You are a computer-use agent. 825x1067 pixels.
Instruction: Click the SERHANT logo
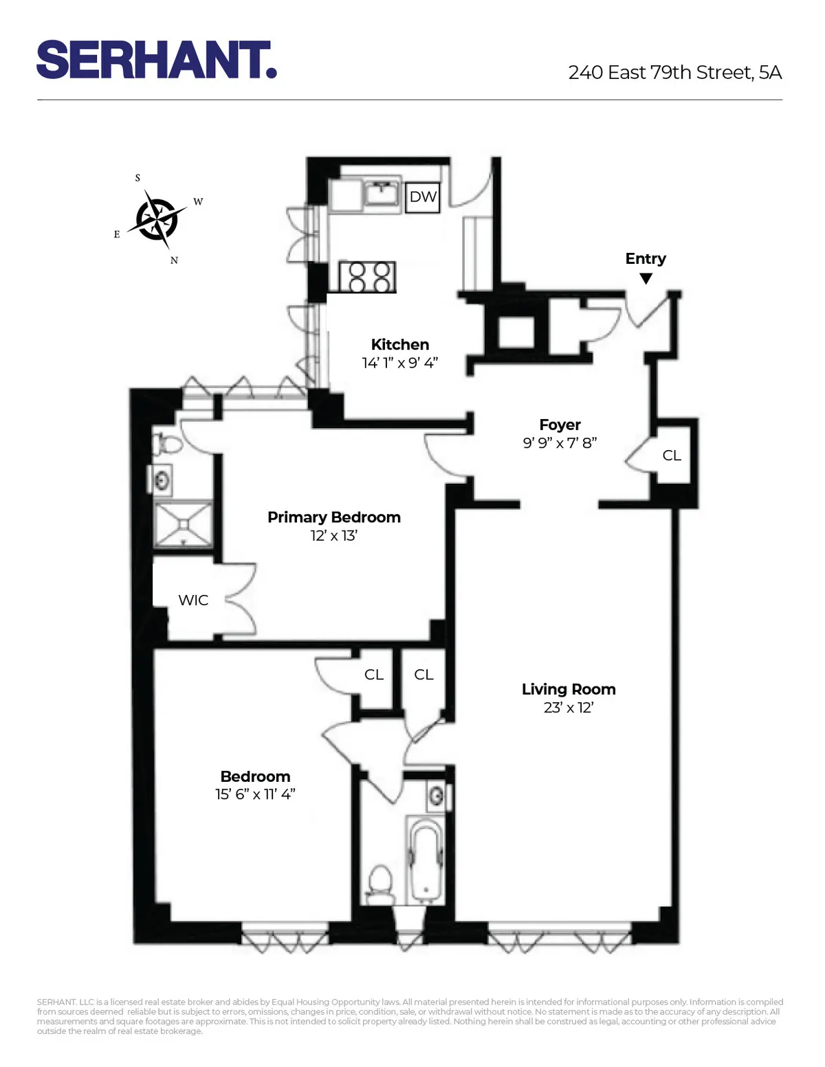[157, 60]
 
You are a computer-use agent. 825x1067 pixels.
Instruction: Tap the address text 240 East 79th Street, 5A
[674, 73]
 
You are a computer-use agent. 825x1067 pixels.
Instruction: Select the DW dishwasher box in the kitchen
[422, 197]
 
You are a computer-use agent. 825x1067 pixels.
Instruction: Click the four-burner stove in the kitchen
[368, 277]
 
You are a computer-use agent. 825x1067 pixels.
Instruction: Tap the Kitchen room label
[399, 345]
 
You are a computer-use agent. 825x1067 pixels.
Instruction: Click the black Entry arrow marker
[646, 278]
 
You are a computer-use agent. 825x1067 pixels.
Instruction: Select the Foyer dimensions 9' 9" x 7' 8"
[560, 443]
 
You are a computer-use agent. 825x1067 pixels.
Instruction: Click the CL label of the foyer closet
[672, 456]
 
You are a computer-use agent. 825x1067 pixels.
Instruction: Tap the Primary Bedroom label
[333, 517]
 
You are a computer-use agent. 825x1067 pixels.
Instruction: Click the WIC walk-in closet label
[193, 600]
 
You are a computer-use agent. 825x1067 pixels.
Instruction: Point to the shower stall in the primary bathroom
[183, 524]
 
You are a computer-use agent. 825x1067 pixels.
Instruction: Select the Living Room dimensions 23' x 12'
[568, 708]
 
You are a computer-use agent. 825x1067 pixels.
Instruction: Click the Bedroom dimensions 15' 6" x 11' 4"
[255, 794]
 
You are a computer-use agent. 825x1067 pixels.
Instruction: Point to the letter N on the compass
[174, 260]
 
